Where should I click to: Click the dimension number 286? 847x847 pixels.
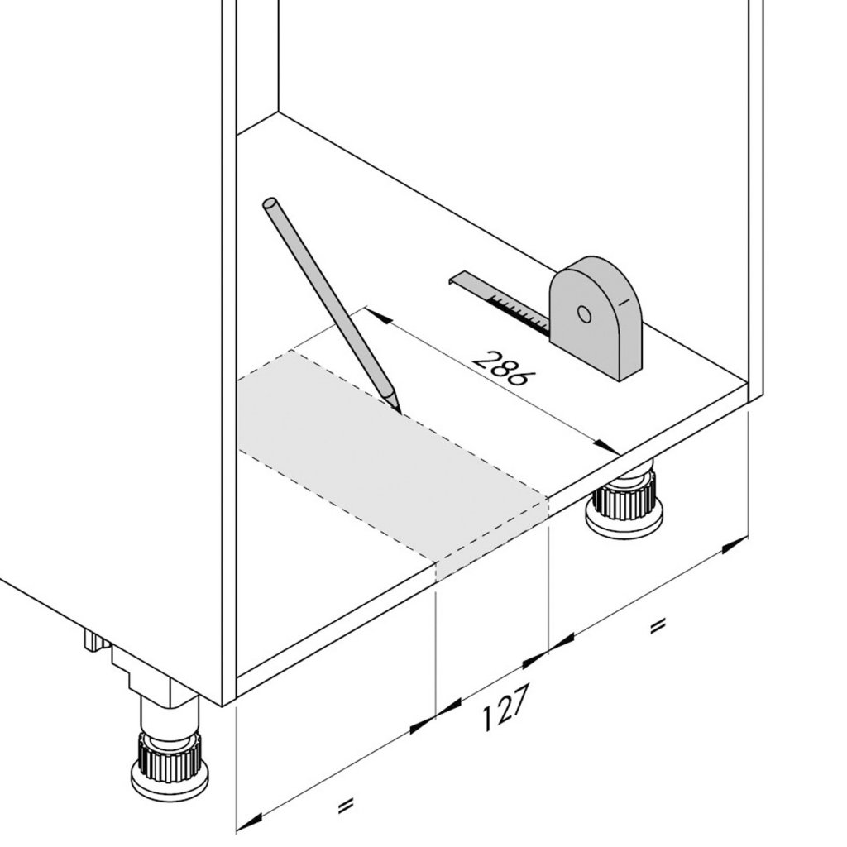(x=500, y=368)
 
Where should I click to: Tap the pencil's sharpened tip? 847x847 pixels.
(x=400, y=412)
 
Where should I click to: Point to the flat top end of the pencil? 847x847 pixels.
(x=270, y=205)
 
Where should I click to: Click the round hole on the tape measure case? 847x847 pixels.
(x=584, y=314)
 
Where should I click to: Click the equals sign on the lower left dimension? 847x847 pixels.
(x=345, y=806)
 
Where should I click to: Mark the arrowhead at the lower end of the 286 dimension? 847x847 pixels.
(x=605, y=446)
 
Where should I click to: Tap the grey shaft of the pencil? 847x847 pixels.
(x=329, y=303)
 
